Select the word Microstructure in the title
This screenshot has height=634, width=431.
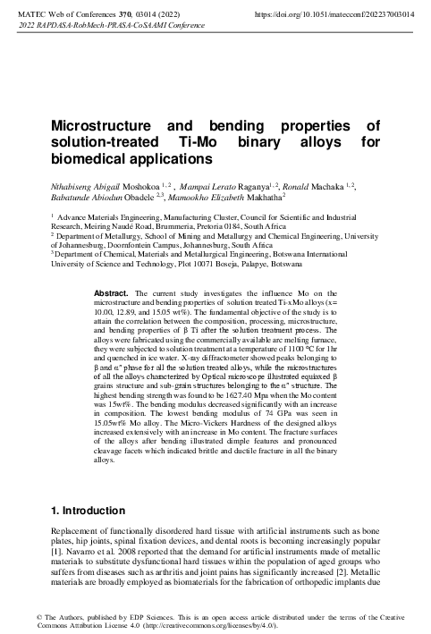pyautogui.click(x=99, y=126)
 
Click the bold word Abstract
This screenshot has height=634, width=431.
pyautogui.click(x=111, y=292)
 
